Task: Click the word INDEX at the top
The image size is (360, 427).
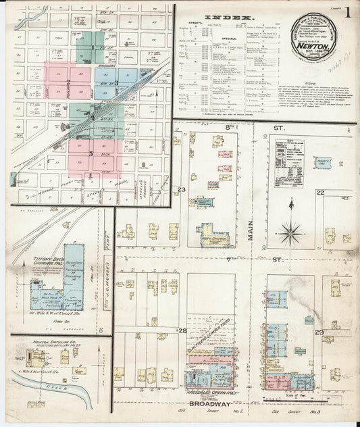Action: (x=235, y=18)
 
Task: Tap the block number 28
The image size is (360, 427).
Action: (x=182, y=330)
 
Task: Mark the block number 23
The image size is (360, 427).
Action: (x=181, y=190)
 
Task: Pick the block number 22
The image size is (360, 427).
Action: (x=320, y=193)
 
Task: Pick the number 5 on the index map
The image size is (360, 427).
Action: (x=91, y=153)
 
